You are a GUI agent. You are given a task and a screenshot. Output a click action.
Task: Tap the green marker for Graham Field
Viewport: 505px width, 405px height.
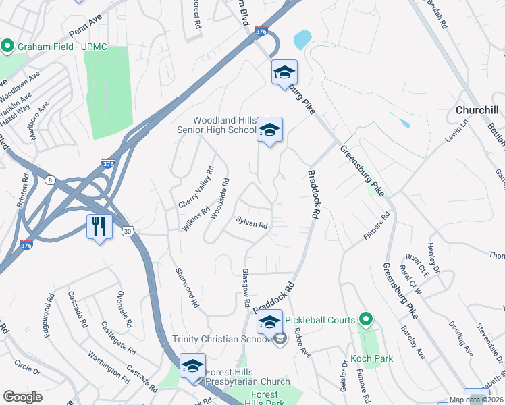pyautogui.click(x=8, y=47)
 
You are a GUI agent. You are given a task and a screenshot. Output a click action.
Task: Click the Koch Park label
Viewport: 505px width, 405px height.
pyautogui.click(x=371, y=358)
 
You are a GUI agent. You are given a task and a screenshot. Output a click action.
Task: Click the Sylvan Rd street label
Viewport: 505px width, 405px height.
pyautogui.click(x=253, y=223)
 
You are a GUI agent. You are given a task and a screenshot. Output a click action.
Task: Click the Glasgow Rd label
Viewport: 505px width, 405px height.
pyautogui.click(x=246, y=288)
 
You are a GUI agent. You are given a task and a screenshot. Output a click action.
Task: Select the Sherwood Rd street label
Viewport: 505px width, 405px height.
pyautogui.click(x=187, y=288)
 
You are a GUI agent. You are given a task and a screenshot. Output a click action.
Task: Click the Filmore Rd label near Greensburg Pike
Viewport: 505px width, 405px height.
pyautogui.click(x=376, y=227)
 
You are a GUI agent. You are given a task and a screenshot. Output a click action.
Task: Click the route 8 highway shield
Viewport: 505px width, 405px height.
pyautogui.click(x=50, y=179)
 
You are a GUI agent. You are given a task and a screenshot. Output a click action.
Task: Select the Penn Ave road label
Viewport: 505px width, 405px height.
pyautogui.click(x=85, y=26)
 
